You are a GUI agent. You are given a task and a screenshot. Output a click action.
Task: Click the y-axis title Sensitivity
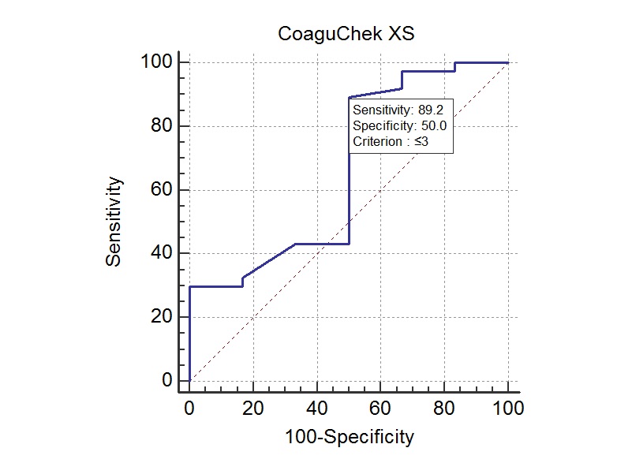click(114, 222)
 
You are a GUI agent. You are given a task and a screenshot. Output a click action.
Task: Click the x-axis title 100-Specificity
click(349, 436)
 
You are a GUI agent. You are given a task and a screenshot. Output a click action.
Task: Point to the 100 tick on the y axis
click(156, 62)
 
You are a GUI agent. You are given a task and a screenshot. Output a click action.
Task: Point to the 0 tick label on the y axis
click(166, 381)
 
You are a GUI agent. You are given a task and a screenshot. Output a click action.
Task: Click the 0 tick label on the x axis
click(189, 408)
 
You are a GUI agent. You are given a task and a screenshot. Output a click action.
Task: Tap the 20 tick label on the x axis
click(253, 408)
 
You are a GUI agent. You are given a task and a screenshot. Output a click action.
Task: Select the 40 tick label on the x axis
click(317, 408)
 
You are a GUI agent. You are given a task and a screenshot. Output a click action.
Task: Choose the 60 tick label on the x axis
click(380, 408)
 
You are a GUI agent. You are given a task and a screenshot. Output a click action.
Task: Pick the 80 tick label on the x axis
click(444, 408)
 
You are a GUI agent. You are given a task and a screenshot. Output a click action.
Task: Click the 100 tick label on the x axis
click(508, 408)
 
